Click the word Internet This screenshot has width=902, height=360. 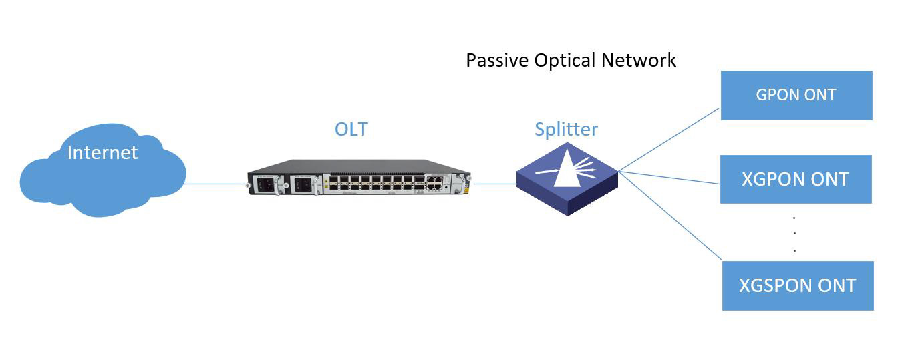(x=102, y=152)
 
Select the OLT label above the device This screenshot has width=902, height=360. (x=351, y=128)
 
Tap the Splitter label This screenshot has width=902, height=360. (x=566, y=128)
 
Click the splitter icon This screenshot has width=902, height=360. (x=567, y=178)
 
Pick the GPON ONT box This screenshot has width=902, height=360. (x=796, y=95)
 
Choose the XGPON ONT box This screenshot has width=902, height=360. (x=795, y=179)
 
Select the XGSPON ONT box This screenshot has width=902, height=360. (x=797, y=286)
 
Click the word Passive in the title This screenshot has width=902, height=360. (x=497, y=60)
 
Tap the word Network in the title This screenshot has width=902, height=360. (x=639, y=60)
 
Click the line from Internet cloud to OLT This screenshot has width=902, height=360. (x=214, y=184)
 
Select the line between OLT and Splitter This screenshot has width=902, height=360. (x=494, y=184)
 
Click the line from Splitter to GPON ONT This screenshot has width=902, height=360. (x=668, y=140)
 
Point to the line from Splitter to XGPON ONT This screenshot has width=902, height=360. (x=668, y=177)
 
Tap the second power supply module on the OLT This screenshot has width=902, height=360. (x=303, y=184)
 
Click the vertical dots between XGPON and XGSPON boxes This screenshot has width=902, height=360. (x=794, y=234)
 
